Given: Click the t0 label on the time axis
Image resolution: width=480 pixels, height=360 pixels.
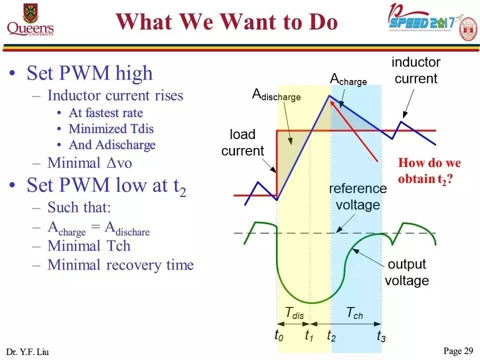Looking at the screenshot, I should pos(279,335).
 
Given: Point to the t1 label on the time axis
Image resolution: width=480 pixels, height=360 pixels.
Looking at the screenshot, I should pos(309,335).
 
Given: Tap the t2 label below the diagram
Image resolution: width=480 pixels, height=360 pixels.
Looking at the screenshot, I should pos(331,335).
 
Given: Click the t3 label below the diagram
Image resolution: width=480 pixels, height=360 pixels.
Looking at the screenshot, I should pos(381,335).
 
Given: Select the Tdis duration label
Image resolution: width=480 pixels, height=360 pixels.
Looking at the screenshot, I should pos(294,313).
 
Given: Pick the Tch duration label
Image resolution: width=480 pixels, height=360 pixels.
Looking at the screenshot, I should pos(354,313).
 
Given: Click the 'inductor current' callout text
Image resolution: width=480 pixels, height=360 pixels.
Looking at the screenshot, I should pos(416,70).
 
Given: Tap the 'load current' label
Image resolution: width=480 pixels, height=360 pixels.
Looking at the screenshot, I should pos(242,142).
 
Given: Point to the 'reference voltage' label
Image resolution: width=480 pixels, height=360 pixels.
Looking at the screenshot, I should pos(358,196).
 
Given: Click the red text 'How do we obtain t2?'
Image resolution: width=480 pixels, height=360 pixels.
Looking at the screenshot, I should pos(429,170).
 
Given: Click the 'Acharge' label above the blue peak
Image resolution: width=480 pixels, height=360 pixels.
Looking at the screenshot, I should pos(348,79).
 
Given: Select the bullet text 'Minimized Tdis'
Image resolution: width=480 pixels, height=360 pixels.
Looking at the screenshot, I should pos(111,128).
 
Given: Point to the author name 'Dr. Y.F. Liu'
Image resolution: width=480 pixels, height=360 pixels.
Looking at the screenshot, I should pos(28,352).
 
